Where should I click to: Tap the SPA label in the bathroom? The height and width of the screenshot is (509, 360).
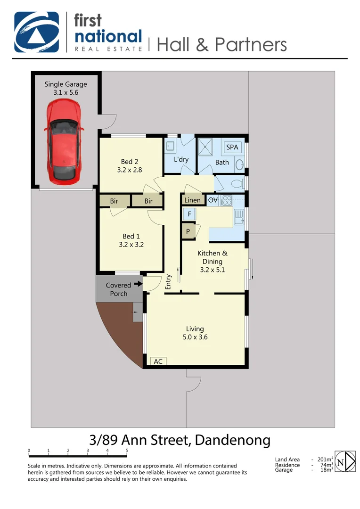click(232, 147)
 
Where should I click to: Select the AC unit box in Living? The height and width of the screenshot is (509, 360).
click(158, 361)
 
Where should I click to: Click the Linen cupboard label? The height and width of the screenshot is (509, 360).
click(192, 200)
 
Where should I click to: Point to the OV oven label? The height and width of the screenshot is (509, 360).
click(213, 200)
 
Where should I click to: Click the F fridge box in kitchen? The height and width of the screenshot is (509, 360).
click(189, 214)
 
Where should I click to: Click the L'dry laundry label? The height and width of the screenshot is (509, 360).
click(181, 159)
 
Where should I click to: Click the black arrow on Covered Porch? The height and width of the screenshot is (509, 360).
click(137, 284)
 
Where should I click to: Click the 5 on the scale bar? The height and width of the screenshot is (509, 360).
click(127, 451)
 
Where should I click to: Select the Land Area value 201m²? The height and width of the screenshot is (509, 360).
click(325, 460)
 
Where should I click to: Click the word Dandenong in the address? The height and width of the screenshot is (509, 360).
click(232, 440)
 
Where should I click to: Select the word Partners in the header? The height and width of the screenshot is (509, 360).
click(251, 44)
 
